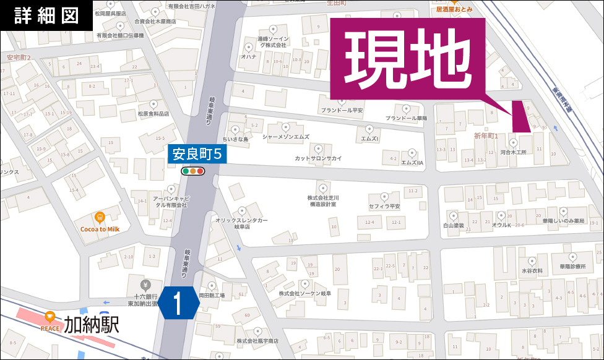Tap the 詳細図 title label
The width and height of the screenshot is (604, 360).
tap(46, 15)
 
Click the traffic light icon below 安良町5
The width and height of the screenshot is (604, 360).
tap(192, 171)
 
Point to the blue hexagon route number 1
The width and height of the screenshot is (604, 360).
tap(179, 304)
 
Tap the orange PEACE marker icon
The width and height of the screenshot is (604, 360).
tap(50, 317)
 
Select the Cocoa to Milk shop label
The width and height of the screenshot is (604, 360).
tap(100, 229)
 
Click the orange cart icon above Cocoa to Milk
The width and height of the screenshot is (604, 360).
tap(99, 216)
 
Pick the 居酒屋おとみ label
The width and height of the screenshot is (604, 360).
tap(454, 10)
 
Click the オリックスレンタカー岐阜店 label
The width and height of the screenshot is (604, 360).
tap(241, 223)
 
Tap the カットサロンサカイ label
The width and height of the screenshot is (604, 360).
tap(318, 158)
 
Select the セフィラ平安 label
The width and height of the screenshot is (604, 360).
tap(384, 205)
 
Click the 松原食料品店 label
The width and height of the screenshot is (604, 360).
tap(153, 114)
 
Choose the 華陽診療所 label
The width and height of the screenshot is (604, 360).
tap(572, 267)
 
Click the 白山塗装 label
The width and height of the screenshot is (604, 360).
tap(453, 226)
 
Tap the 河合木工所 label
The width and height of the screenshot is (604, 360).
tap(512, 152)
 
